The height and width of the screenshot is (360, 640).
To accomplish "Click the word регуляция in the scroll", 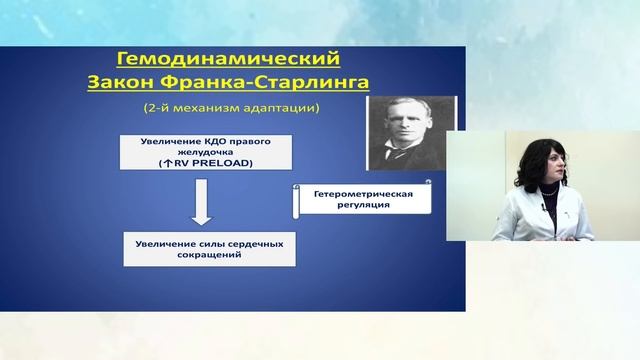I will click(363, 204).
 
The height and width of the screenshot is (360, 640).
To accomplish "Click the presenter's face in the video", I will click(547, 166).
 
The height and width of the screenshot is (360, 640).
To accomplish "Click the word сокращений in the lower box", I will click(210, 255).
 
